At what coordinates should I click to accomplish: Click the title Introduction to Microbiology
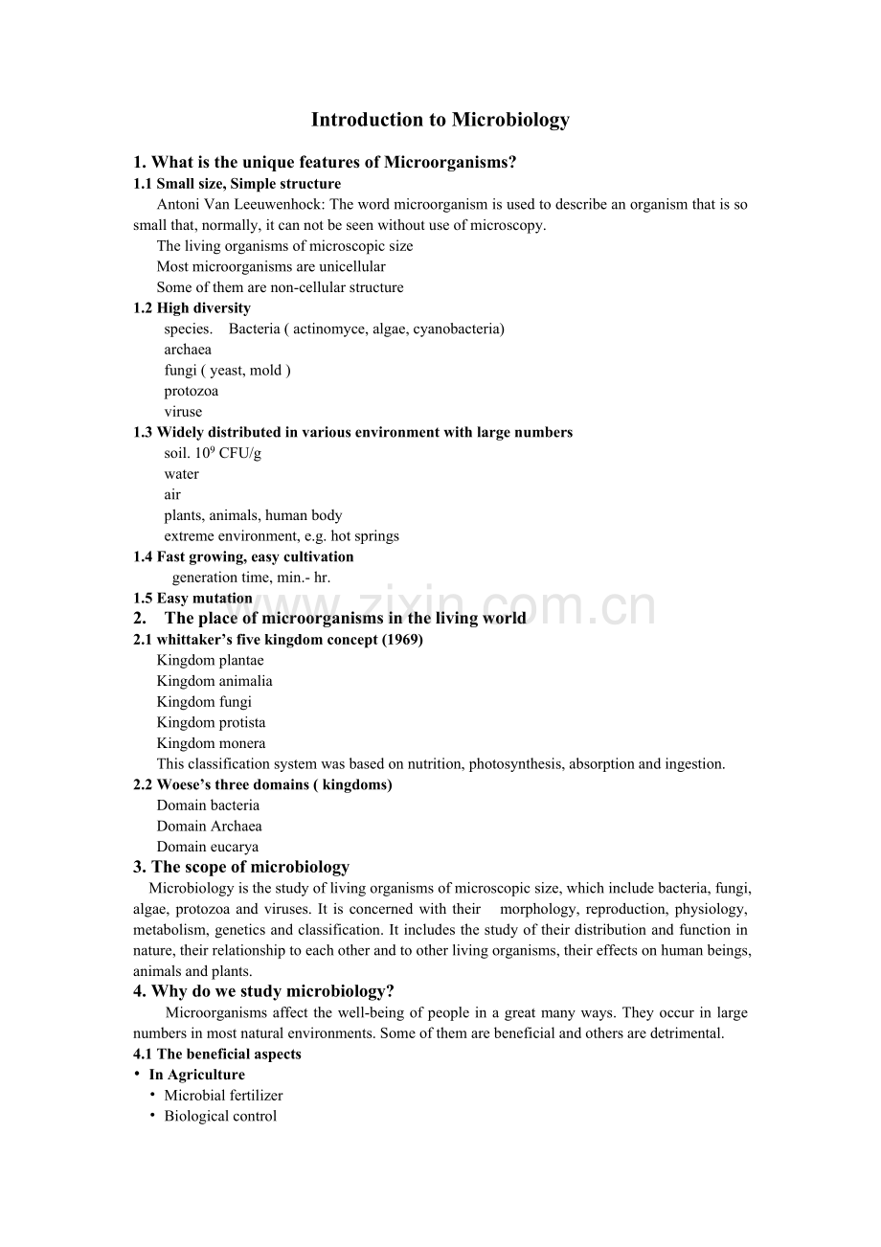(x=440, y=120)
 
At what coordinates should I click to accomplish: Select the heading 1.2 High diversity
(x=192, y=308)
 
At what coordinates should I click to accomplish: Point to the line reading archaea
(x=188, y=350)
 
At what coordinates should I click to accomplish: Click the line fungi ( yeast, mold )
(x=227, y=371)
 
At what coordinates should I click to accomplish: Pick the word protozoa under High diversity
(x=191, y=391)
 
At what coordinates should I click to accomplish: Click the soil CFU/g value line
(x=213, y=453)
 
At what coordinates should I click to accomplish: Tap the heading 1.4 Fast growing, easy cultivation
(x=243, y=556)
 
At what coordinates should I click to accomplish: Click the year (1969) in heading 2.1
(x=402, y=640)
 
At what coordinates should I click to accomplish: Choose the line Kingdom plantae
(x=210, y=661)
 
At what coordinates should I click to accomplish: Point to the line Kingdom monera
(x=211, y=743)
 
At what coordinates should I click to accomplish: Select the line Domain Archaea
(x=209, y=827)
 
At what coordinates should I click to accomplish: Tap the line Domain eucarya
(x=207, y=847)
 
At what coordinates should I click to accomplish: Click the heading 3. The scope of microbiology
(x=241, y=868)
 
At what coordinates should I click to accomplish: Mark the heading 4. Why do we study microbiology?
(x=263, y=992)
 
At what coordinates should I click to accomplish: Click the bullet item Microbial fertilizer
(x=223, y=1096)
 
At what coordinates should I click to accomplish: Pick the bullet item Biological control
(x=220, y=1117)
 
